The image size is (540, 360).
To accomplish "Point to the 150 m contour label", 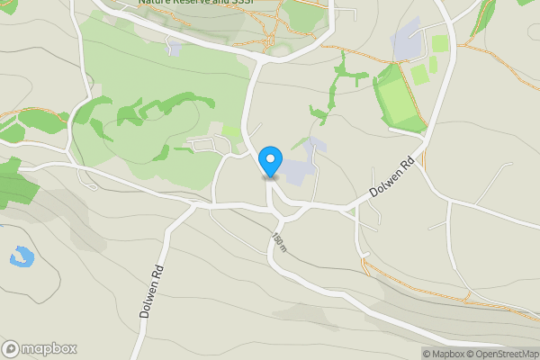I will [x=279, y=243].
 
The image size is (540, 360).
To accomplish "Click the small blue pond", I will [x=22, y=257].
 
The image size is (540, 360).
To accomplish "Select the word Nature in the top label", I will [x=154, y=3].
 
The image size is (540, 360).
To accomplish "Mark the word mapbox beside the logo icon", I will [x=49, y=349].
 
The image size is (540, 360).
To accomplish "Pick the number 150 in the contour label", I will [x=276, y=239].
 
